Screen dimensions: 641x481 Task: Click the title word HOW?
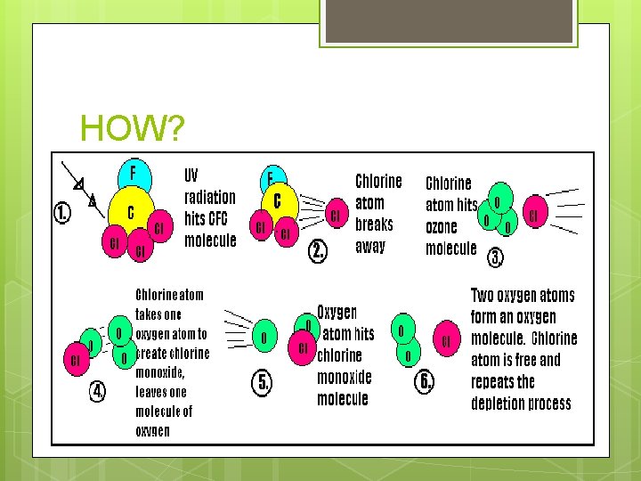pos(133,130)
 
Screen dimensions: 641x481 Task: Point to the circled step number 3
pos(496,258)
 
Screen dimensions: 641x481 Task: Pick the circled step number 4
pos(97,390)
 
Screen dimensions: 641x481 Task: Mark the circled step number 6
pos(427,381)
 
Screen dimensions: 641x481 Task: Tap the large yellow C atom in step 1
pos(131,213)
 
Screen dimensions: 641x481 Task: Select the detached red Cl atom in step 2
pos(336,215)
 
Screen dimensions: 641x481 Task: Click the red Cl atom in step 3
pos(533,215)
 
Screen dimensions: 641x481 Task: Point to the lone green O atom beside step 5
pos(263,338)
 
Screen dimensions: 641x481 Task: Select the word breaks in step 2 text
pos(374,224)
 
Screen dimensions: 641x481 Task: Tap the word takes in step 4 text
pos(151,314)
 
